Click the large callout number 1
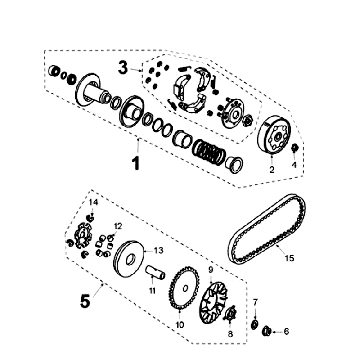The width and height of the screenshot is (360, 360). click(135, 164)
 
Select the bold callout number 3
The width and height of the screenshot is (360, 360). click(123, 68)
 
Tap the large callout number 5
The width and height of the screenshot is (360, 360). click(85, 301)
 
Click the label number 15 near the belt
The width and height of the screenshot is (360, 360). click(290, 258)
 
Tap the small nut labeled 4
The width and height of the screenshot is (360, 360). click(294, 147)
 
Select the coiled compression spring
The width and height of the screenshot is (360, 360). click(209, 152)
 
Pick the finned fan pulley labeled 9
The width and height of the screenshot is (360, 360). click(214, 302)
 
